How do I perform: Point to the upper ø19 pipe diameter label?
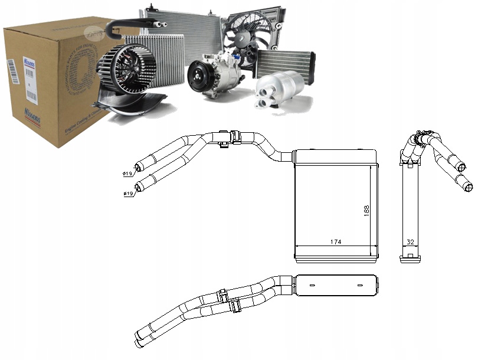pos(127,174)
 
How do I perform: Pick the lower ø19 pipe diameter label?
pos(127,194)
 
